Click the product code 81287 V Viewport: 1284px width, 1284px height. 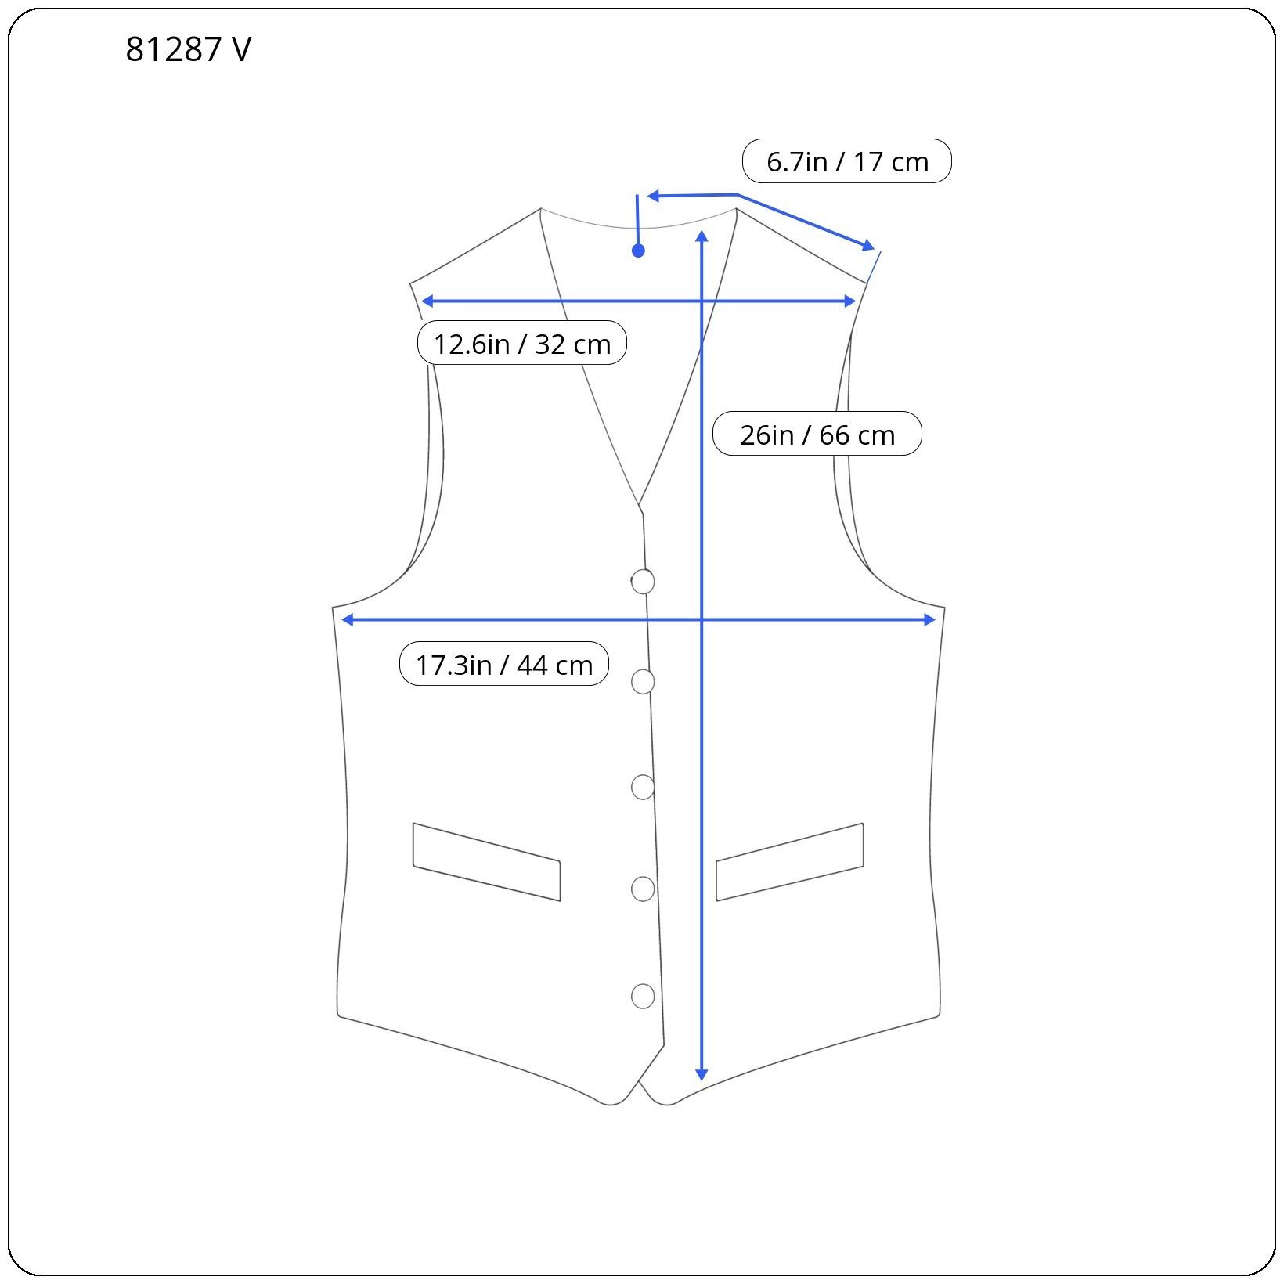click(188, 49)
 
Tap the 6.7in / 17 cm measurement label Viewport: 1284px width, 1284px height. click(847, 161)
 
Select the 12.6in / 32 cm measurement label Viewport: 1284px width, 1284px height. click(522, 343)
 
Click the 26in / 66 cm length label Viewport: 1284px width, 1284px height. click(817, 434)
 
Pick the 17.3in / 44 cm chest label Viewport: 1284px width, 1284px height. click(504, 664)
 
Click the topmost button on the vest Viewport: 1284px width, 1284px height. click(643, 582)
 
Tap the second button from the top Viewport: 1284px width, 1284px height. click(643, 682)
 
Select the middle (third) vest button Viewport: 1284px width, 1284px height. click(643, 787)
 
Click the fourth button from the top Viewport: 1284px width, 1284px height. click(643, 889)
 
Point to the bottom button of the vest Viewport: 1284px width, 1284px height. click(643, 996)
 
